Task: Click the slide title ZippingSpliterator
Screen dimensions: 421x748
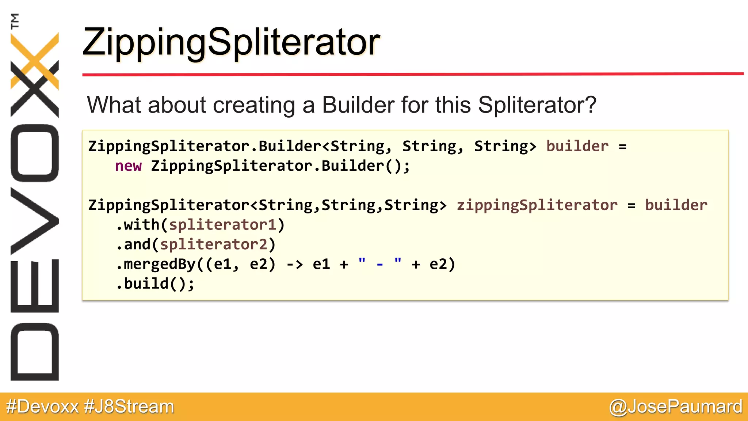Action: [231, 42]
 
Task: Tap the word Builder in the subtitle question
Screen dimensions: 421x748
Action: [358, 105]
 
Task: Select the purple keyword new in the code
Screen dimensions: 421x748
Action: [128, 166]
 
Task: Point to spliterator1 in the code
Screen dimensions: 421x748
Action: [222, 225]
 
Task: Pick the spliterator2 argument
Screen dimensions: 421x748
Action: [214, 244]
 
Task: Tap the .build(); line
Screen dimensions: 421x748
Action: [155, 284]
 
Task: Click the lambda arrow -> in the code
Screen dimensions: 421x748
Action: [294, 264]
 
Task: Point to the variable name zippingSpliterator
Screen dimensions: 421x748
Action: [537, 205]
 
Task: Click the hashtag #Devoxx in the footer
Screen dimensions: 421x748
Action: [42, 407]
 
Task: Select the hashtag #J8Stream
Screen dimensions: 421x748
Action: [129, 407]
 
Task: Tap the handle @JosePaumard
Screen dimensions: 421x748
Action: [676, 407]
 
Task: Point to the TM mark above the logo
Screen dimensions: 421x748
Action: [15, 21]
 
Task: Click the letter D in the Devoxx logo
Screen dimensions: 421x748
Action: [35, 352]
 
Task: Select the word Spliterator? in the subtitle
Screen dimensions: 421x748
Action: [537, 105]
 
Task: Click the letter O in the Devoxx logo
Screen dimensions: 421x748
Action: [35, 153]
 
